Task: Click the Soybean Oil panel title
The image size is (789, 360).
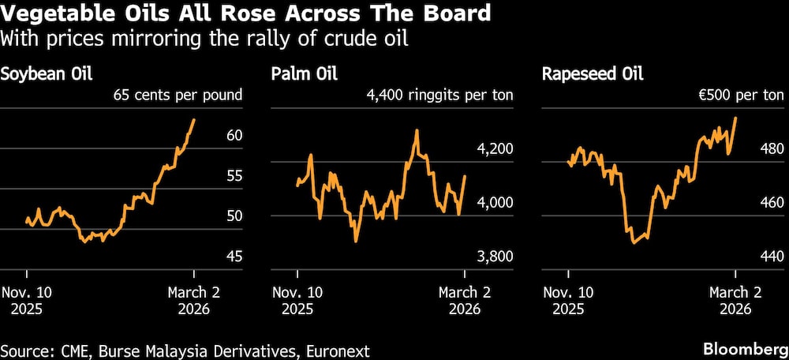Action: coord(47,75)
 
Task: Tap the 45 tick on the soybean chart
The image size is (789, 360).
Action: coord(234,256)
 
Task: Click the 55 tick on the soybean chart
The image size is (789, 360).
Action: coord(234,175)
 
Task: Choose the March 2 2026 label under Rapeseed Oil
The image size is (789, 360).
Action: coord(735,300)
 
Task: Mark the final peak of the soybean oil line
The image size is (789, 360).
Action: coord(194,120)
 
